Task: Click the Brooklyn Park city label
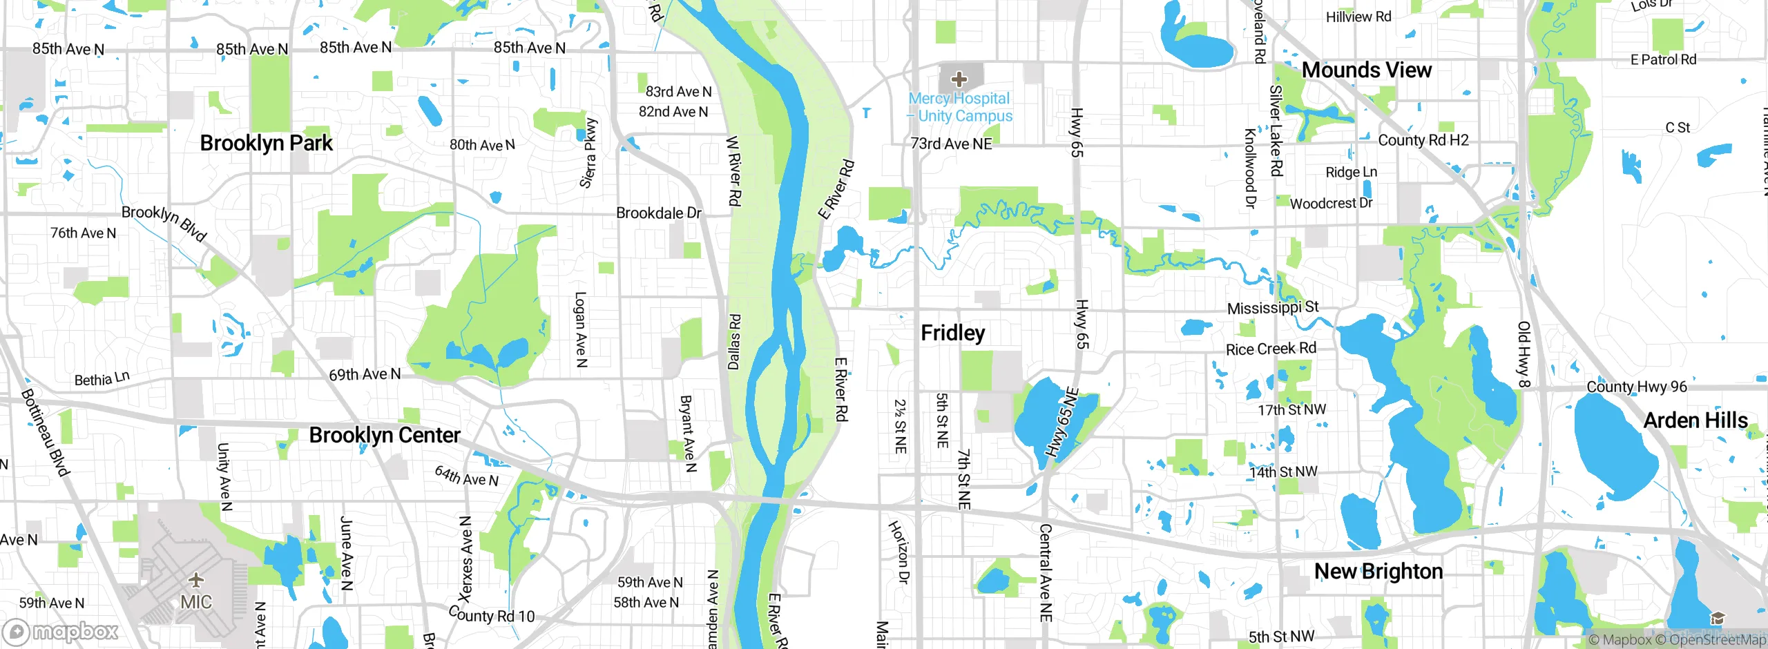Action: click(x=266, y=143)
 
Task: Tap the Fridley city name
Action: click(x=952, y=333)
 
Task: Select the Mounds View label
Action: click(x=1366, y=70)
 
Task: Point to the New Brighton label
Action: click(x=1378, y=572)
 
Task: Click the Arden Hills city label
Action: click(x=1695, y=420)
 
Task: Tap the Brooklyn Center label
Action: click(x=384, y=435)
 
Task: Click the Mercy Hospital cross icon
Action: click(x=959, y=79)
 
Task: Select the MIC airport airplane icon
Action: click(x=196, y=579)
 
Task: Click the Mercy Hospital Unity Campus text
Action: click(x=961, y=108)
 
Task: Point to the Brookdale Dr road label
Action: click(x=658, y=213)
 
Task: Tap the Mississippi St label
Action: click(x=1272, y=308)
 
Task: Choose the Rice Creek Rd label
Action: click(x=1271, y=349)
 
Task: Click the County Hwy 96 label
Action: click(x=1636, y=387)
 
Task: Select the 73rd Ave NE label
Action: click(x=951, y=144)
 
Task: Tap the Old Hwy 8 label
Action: click(x=1524, y=353)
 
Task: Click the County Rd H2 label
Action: click(x=1423, y=140)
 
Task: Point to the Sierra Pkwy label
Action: click(x=588, y=153)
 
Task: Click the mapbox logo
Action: click(x=61, y=631)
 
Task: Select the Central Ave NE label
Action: click(x=1046, y=572)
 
